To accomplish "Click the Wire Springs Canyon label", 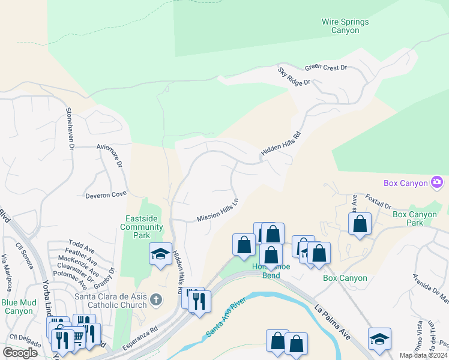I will (345, 26).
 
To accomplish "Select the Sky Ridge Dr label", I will (294, 76).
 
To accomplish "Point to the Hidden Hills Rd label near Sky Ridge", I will (280, 144).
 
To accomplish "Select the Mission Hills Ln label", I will (217, 211).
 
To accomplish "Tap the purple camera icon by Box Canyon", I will (437, 182).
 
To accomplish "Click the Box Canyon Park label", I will (415, 218).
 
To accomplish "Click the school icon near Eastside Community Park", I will (161, 254).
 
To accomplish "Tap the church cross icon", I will (156, 299).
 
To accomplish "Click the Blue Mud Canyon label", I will (17, 307).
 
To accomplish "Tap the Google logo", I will (20, 353).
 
